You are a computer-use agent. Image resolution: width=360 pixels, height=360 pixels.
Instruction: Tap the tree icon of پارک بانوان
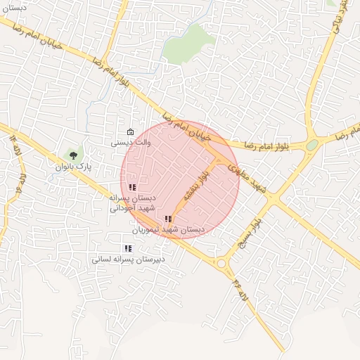[72, 155]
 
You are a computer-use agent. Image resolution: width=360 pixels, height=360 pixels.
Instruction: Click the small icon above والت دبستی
[130, 132]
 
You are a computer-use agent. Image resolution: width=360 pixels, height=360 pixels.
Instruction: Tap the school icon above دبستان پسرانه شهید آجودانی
[132, 187]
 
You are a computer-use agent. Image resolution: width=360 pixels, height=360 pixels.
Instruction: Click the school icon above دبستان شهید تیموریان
[167, 219]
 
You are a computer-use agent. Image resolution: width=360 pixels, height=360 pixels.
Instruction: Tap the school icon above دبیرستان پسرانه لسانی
[127, 248]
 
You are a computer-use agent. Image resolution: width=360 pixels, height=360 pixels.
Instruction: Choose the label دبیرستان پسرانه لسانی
[128, 259]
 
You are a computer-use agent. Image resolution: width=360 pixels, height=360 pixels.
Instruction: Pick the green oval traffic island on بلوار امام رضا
[312, 144]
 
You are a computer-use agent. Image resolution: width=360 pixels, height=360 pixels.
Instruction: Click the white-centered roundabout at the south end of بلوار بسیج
[224, 264]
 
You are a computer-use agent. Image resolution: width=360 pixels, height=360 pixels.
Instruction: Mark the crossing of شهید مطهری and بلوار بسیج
[271, 200]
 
